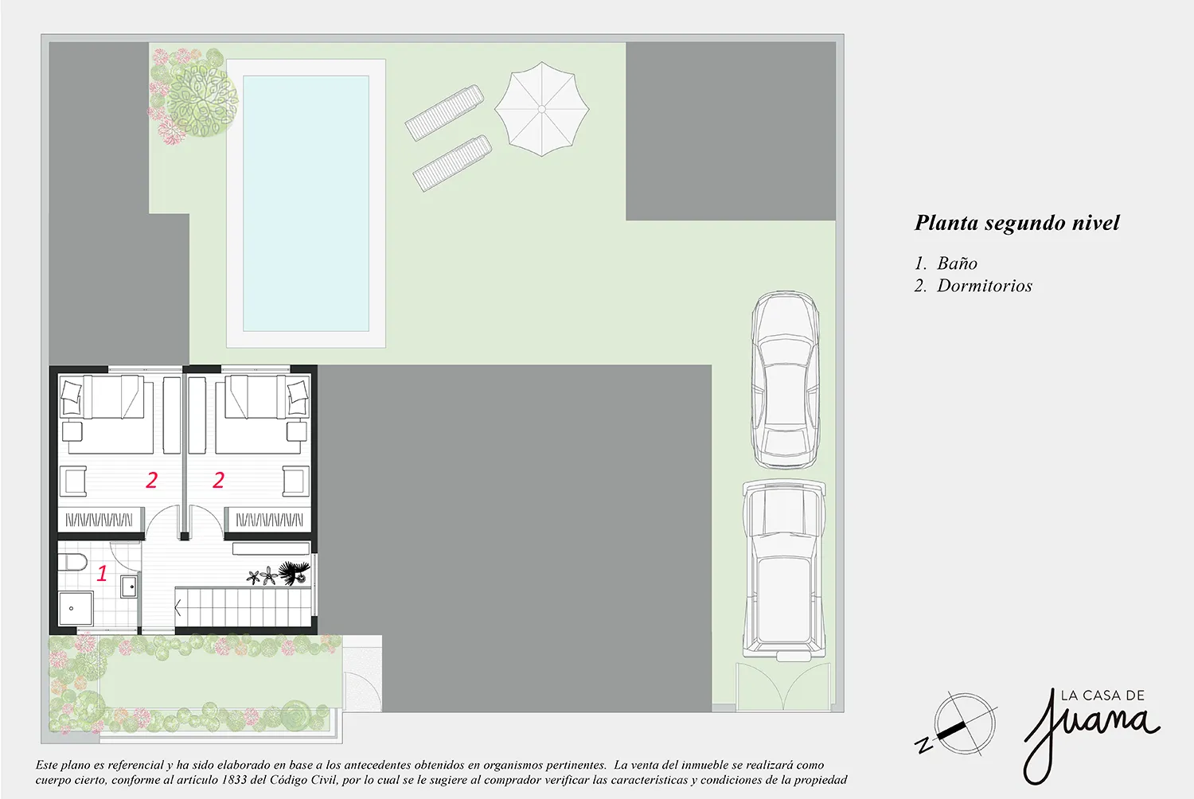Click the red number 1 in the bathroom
click(x=102, y=573)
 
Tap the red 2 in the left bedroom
click(x=152, y=480)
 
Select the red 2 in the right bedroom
click(x=219, y=480)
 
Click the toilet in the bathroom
click(x=72, y=562)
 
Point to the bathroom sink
click(x=130, y=587)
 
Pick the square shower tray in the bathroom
click(x=76, y=608)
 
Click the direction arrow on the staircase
click(x=178, y=607)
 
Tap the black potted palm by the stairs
click(x=295, y=572)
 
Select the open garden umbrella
click(x=541, y=109)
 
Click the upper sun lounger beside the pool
click(x=444, y=112)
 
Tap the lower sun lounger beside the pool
click(x=453, y=163)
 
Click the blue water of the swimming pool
click(x=306, y=203)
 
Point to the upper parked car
click(x=786, y=380)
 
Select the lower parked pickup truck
click(x=783, y=570)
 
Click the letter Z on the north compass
click(x=924, y=746)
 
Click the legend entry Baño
click(x=958, y=263)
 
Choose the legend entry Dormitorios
click(x=985, y=286)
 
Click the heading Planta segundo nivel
click(x=1017, y=223)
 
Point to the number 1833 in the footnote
click(x=232, y=780)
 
